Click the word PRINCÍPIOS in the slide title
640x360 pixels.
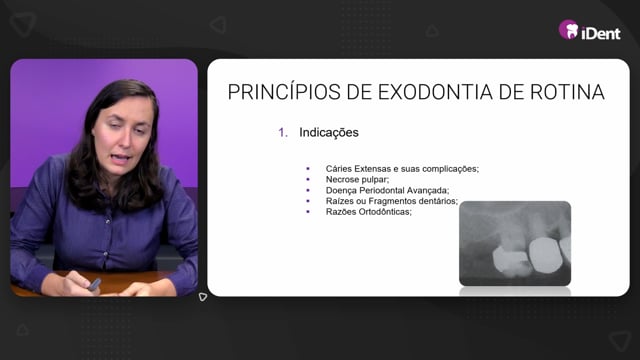[x=284, y=91]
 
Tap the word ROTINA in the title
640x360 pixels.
[x=567, y=92]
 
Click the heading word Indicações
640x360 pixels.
[x=329, y=132]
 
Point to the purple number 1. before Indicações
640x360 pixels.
[x=283, y=132]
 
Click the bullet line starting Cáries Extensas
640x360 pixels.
[x=402, y=169]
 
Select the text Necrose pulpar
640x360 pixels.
[x=357, y=180]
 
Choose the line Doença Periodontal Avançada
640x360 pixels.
[x=387, y=190]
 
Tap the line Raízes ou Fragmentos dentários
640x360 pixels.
[x=391, y=201]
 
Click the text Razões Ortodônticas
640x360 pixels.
[x=369, y=212]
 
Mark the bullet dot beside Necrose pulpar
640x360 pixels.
[x=308, y=180]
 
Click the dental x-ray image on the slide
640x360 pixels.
[x=515, y=243]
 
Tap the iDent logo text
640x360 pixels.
[x=601, y=33]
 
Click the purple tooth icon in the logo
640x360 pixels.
[x=569, y=29]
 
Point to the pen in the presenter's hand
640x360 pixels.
[x=94, y=284]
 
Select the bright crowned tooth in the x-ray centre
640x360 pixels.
[x=545, y=255]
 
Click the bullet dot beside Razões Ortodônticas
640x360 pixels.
[x=308, y=212]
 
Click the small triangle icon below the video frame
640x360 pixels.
[x=203, y=297]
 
